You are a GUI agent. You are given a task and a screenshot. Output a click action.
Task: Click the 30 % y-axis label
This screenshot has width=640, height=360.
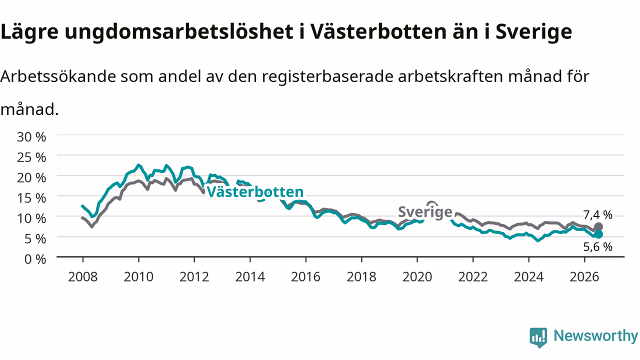[x=31, y=137]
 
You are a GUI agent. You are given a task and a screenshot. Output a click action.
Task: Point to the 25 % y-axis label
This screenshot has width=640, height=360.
[x=31, y=157]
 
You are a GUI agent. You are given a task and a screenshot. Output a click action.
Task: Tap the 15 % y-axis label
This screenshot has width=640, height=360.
[x=31, y=198]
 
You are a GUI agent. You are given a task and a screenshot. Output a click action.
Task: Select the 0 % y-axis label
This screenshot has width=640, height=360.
[x=35, y=259]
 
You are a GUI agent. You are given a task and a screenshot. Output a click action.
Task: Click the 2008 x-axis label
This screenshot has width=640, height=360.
[x=83, y=277]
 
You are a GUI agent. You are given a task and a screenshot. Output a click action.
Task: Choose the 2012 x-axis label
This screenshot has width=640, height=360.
[x=194, y=277]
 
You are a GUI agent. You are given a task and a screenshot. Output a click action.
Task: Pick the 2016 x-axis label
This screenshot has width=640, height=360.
[x=305, y=277]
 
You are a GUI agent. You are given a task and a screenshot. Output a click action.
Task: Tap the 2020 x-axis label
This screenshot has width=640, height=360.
[x=417, y=277]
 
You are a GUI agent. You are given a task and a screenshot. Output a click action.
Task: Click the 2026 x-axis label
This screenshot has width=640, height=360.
[x=584, y=277]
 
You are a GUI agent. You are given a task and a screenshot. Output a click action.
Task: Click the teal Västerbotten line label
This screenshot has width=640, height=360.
[x=255, y=191]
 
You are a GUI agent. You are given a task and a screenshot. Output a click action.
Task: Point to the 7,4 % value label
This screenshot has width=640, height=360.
[x=597, y=215]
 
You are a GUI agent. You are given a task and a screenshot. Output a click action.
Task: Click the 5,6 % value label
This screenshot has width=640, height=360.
[x=597, y=247]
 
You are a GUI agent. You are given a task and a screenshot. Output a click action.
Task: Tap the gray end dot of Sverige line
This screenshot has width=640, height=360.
[x=598, y=227]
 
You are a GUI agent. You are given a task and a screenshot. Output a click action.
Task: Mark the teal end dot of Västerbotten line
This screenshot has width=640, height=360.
[x=598, y=234]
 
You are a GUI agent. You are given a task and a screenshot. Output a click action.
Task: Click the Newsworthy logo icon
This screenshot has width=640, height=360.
[x=538, y=337]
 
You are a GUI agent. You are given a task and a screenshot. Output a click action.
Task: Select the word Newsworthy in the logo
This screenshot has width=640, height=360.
[x=595, y=335]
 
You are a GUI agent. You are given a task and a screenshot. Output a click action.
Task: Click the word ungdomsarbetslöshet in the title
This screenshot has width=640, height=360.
[x=179, y=32]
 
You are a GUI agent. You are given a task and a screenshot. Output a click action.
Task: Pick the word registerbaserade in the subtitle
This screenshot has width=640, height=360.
[x=327, y=76]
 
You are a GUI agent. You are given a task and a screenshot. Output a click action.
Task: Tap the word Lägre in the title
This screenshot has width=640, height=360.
[x=29, y=32]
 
